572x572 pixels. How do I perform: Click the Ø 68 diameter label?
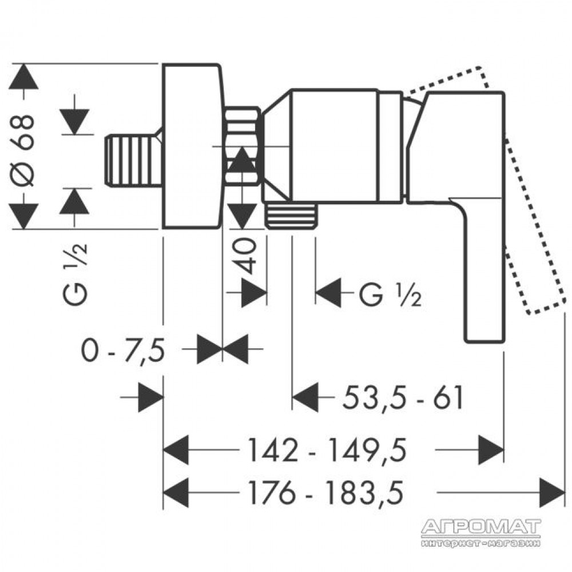click(23, 151)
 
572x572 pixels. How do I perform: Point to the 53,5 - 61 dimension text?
click(403, 398)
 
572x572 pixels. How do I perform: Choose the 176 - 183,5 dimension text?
click(326, 492)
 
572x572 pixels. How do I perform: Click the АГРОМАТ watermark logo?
click(481, 532)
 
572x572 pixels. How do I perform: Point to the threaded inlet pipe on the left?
click(133, 161)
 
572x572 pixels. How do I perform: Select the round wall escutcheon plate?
click(192, 146)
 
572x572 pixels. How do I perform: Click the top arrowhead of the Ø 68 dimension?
click(23, 76)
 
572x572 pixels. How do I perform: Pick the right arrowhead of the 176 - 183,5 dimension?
click(552, 492)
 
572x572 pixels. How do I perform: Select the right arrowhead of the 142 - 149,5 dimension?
click(491, 450)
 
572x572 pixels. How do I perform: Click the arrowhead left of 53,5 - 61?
click(305, 398)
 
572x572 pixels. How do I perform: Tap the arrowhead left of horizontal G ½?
click(328, 292)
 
